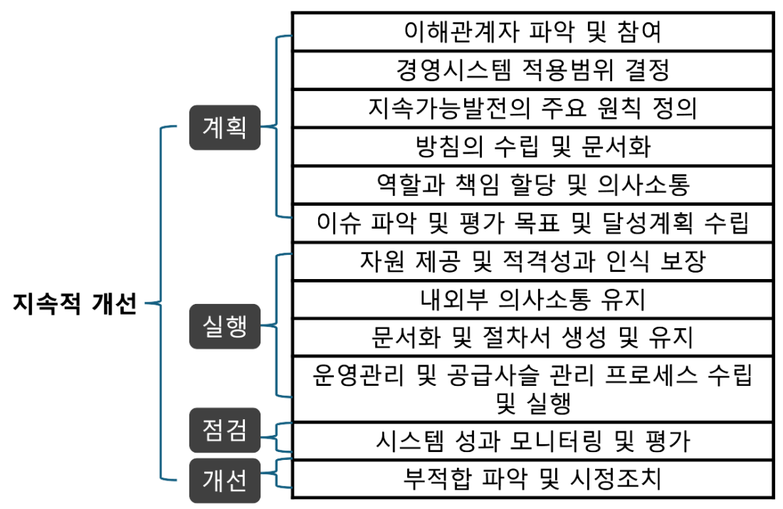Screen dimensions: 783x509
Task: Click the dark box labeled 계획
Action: tap(225, 127)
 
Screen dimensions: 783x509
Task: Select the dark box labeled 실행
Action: tap(225, 326)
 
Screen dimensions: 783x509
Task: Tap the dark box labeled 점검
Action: tap(225, 430)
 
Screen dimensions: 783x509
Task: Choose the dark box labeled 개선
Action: tap(225, 481)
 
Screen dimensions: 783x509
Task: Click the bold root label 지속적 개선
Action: tap(75, 303)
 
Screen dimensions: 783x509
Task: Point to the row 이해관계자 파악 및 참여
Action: tap(533, 31)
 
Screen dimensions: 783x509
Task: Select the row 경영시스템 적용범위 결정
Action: tap(533, 70)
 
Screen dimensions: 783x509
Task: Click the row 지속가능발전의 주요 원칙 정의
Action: tap(533, 108)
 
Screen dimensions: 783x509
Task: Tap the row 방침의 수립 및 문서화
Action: tap(533, 147)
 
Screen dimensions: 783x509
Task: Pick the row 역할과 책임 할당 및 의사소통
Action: tap(533, 185)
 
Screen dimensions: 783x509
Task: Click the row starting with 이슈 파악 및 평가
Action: tap(533, 223)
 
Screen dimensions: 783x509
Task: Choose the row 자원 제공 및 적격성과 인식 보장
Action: tap(533, 261)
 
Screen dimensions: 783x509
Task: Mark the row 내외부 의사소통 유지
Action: tap(533, 300)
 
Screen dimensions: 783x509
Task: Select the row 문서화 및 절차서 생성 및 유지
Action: tap(533, 337)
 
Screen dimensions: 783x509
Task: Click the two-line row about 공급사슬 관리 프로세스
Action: tap(533, 389)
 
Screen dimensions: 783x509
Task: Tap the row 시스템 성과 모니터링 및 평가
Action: tap(533, 441)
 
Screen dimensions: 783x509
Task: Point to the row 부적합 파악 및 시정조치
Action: tap(533, 479)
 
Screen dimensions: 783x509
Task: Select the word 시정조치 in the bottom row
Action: tap(615, 479)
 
